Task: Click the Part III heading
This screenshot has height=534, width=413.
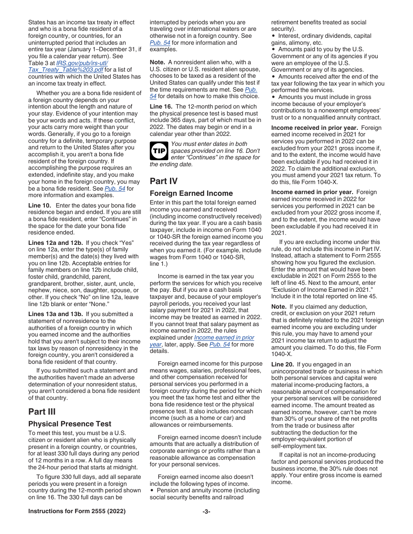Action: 42,412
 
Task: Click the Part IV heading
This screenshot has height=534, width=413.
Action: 163,181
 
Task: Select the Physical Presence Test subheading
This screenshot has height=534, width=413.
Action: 70,424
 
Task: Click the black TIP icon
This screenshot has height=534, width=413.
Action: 158,150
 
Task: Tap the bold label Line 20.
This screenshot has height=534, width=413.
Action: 283,364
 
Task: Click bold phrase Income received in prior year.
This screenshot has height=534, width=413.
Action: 314,128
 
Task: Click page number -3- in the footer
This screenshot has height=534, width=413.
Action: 206,511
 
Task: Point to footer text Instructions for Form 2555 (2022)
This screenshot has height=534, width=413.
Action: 77,511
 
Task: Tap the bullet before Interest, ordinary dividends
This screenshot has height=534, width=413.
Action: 273,36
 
